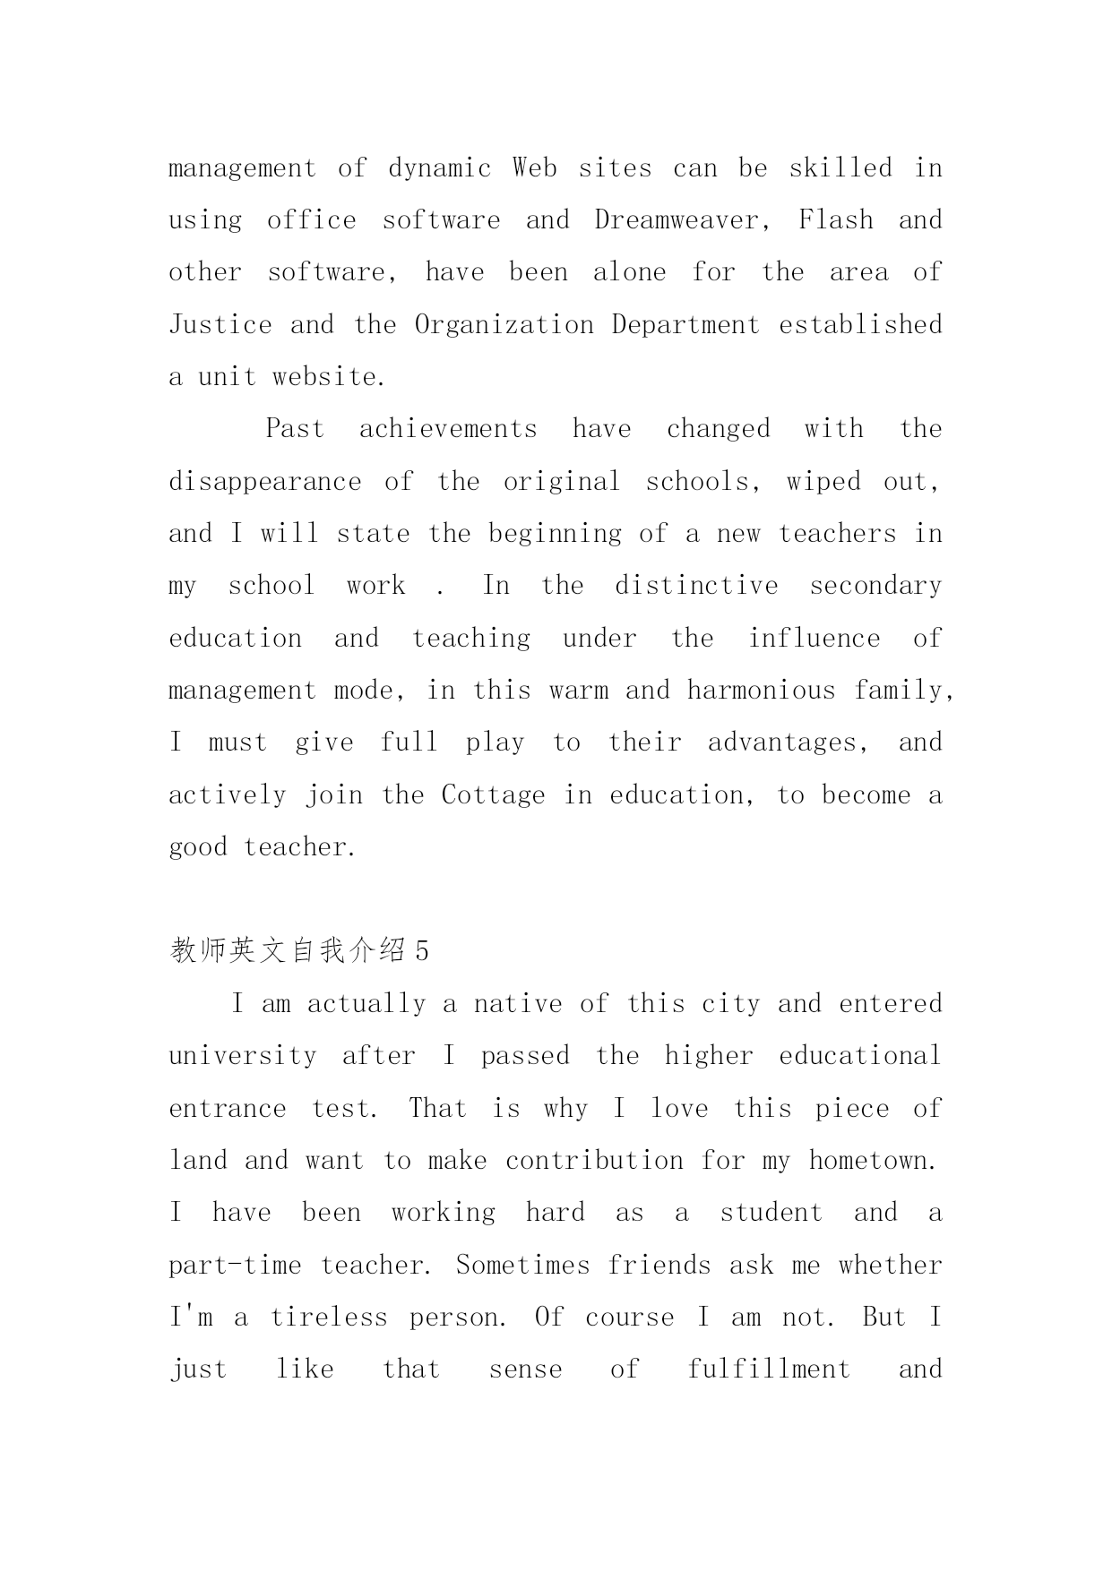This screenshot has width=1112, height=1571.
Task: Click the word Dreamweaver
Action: (x=681, y=220)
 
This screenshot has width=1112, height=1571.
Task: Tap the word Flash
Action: (x=835, y=220)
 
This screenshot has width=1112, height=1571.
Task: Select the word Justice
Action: (x=220, y=324)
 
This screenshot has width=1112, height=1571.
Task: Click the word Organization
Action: (x=504, y=324)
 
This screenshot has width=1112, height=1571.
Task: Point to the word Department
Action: (x=685, y=324)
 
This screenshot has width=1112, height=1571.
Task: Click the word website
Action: (x=329, y=377)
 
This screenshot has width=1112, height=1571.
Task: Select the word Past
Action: (x=295, y=429)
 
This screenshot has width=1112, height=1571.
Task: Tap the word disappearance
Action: (x=265, y=482)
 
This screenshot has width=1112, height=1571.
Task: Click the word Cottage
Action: (x=493, y=795)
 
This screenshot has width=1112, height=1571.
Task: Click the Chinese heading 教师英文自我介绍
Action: (x=288, y=951)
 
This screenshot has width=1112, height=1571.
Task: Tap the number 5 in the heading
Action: (x=422, y=951)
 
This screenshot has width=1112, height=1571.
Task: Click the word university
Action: (x=243, y=1056)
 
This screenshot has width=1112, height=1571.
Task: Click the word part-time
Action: (x=235, y=1266)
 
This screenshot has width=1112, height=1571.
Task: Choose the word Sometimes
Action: (x=523, y=1266)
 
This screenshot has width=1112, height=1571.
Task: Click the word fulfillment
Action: (x=769, y=1369)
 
